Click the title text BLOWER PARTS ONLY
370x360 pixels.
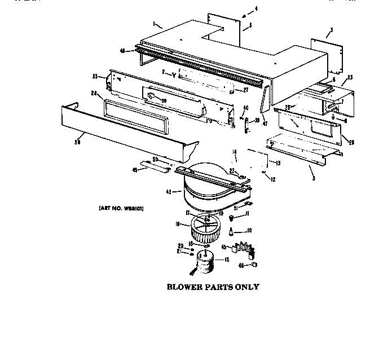(x=213, y=287)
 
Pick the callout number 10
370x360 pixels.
(x=250, y=231)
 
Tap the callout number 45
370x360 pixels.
(x=224, y=247)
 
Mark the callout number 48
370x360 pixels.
(x=122, y=50)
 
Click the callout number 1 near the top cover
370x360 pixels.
(x=153, y=23)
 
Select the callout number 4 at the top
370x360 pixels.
(x=256, y=8)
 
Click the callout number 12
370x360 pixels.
(x=272, y=179)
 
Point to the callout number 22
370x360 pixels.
(x=232, y=170)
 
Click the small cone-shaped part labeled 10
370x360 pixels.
(x=231, y=231)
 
